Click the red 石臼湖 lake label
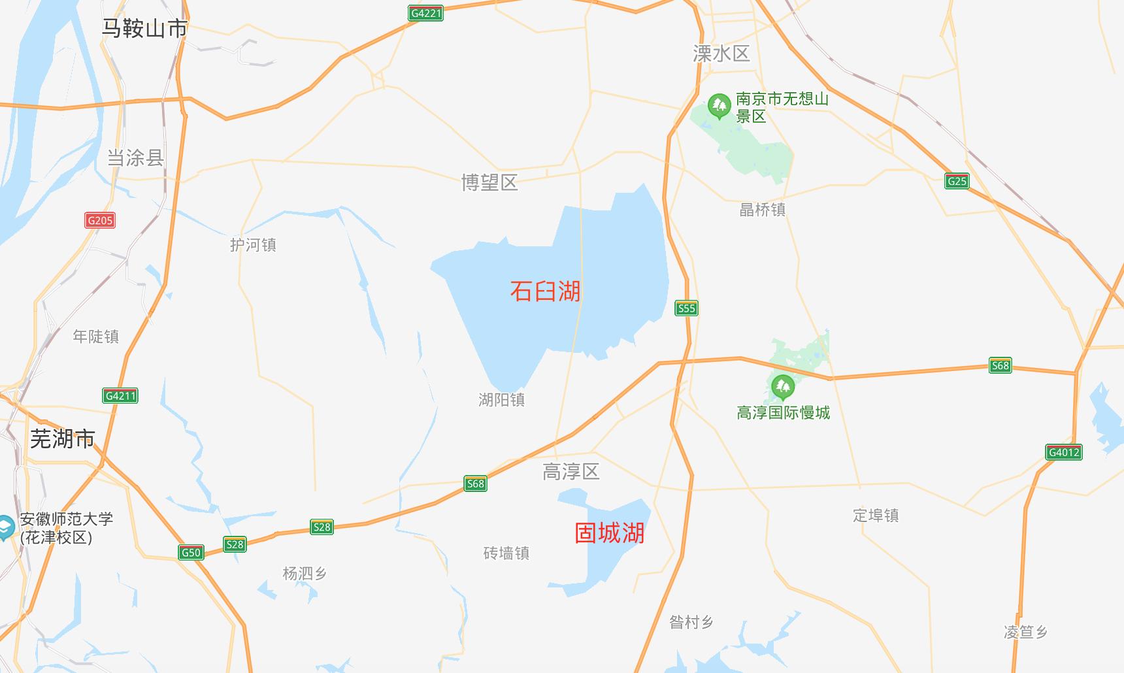545,291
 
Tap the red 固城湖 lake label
609,533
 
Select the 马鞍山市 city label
144,28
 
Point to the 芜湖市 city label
63,438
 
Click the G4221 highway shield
425,13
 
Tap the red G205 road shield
100,220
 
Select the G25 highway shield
957,181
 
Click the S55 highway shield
686,308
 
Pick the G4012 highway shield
1063,452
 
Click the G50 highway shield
191,553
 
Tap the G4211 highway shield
120,395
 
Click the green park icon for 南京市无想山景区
719,106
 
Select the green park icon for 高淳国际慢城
782,387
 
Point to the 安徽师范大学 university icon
5,527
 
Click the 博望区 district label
489,183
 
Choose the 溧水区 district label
721,54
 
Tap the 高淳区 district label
570,472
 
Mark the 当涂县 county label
135,157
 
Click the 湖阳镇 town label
501,400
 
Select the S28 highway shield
322,527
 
